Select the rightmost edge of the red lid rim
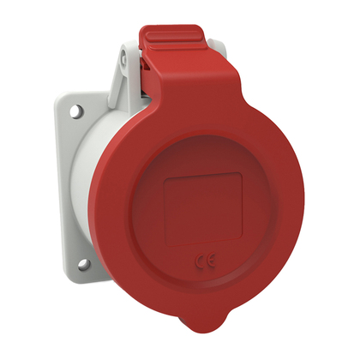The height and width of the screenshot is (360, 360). tap(302, 210)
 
